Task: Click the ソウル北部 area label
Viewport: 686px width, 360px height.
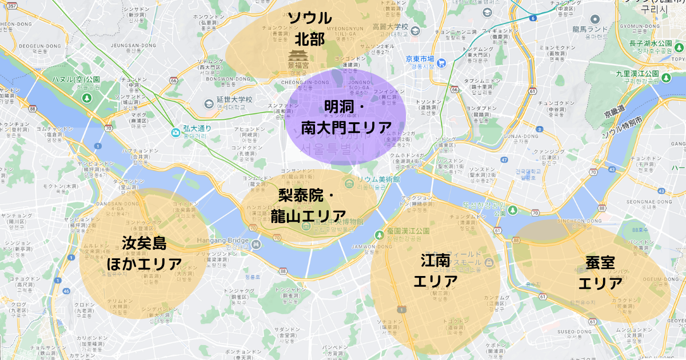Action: pos(310,28)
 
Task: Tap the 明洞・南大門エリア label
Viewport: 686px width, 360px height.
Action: pos(346,117)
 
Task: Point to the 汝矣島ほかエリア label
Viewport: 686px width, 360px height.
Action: pos(144,254)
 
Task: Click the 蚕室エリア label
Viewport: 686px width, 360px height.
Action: pos(600,273)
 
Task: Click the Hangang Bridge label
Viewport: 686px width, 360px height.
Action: pos(224,241)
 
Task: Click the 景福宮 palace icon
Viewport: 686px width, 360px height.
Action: pos(297,57)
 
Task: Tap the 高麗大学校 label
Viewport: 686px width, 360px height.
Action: pos(390,26)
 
